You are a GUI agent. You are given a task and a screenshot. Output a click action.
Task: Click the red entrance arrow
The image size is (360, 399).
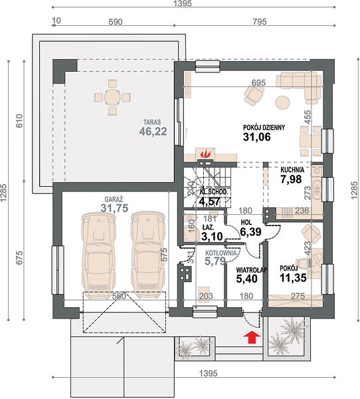tap(252, 337)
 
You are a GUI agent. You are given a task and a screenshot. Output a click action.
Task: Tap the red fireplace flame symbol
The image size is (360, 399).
tap(205, 154)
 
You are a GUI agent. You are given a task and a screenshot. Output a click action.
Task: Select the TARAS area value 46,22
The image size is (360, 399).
tap(153, 131)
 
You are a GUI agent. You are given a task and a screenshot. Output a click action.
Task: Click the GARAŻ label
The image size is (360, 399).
tap(114, 198)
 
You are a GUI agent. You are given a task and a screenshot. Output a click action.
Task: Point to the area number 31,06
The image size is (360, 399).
tap(257, 137)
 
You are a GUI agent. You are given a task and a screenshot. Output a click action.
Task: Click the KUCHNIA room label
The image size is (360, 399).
tap(292, 170)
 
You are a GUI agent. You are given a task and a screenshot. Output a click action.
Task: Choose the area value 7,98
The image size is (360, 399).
tap(291, 179)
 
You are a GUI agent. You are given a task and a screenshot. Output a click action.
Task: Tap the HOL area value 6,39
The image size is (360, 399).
tap(250, 231)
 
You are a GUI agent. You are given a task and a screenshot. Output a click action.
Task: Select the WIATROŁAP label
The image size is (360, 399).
tap(252, 270)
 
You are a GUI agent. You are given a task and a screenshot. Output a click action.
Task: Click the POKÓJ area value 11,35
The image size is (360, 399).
tap(293, 278)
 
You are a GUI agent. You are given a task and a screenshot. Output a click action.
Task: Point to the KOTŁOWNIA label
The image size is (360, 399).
tap(221, 253)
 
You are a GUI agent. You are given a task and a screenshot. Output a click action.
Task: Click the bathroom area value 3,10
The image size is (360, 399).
tap(212, 236)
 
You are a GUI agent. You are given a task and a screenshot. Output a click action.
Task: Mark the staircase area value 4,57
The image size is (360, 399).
tap(209, 201)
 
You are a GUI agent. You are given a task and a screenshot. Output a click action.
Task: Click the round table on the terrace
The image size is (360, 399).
tap(112, 96)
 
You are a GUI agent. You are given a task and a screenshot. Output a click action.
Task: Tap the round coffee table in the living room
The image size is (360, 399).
tap(282, 102)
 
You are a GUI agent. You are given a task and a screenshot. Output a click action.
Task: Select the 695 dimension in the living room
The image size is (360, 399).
tap(258, 82)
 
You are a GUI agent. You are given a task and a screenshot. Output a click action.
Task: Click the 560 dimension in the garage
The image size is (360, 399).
tap(119, 297)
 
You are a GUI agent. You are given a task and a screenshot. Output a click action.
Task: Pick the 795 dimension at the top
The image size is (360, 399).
tap(259, 22)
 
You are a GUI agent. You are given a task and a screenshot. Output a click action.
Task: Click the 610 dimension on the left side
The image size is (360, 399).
tap(19, 120)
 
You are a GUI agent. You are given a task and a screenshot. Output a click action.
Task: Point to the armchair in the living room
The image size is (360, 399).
tap(254, 95)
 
